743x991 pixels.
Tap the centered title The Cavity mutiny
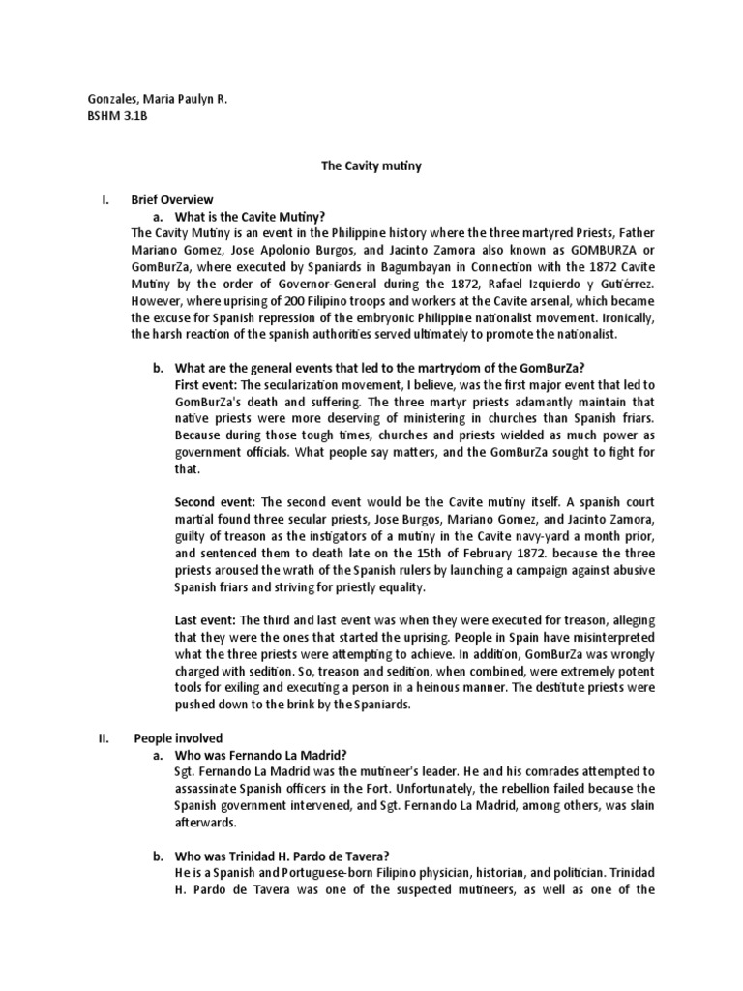pyautogui.click(x=371, y=165)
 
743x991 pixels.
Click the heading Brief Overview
pyautogui.click(x=172, y=199)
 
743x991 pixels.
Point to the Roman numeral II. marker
pyautogui.click(x=106, y=736)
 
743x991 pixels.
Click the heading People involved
pyautogui.click(x=178, y=736)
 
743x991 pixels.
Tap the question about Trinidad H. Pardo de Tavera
pyautogui.click(x=281, y=855)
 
